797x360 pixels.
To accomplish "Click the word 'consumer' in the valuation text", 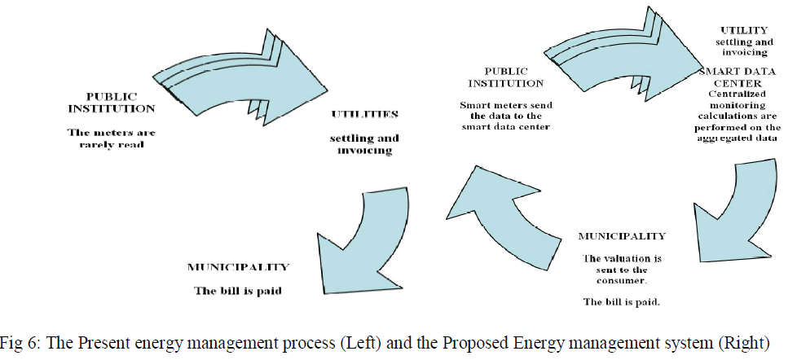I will (x=622, y=280).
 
